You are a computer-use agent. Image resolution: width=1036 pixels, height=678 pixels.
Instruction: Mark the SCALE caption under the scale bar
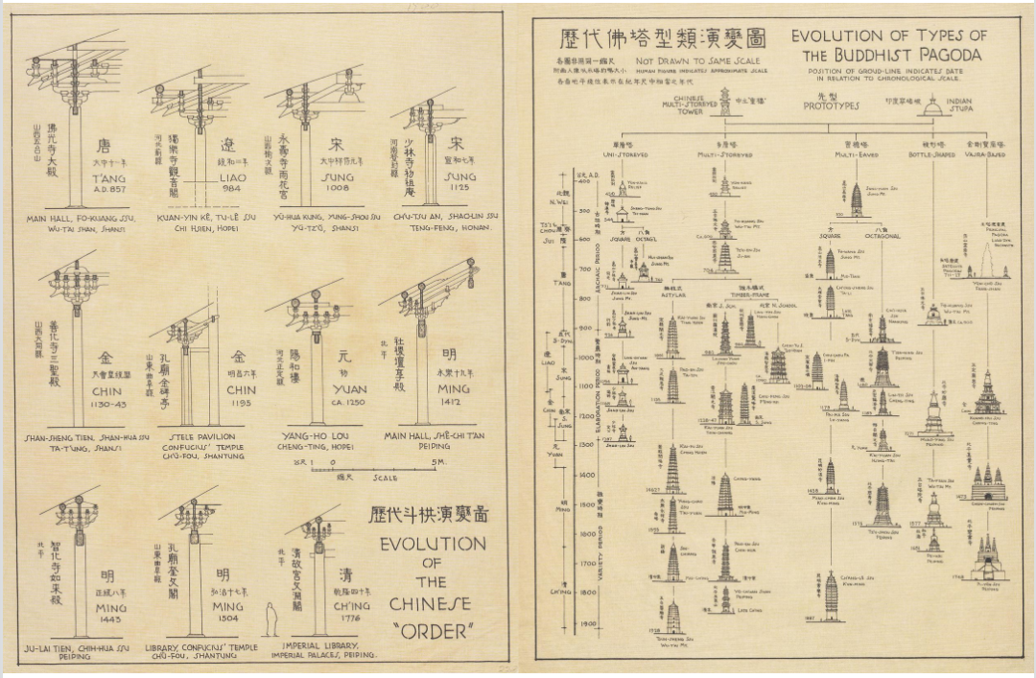coord(387,478)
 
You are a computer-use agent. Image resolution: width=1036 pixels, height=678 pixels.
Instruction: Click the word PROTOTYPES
coord(831,105)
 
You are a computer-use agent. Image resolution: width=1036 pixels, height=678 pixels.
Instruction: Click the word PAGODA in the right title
coord(950,56)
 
